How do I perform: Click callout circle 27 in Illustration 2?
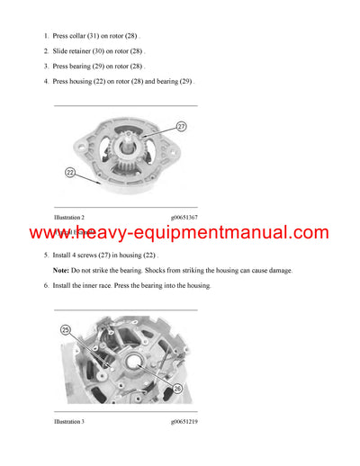tap(181, 127)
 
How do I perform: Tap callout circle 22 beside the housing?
tap(71, 172)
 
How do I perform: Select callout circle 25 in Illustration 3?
tap(66, 330)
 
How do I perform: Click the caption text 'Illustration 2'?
tap(69, 218)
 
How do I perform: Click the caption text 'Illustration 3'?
tap(69, 421)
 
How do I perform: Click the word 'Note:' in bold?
tap(61, 270)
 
